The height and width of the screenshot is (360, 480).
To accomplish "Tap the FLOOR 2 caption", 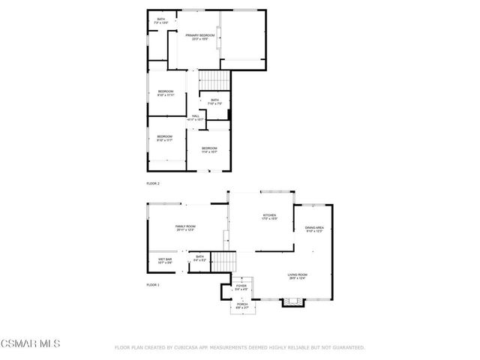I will [x=153, y=183].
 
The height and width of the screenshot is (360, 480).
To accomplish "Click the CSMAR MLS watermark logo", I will [x=29, y=344].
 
